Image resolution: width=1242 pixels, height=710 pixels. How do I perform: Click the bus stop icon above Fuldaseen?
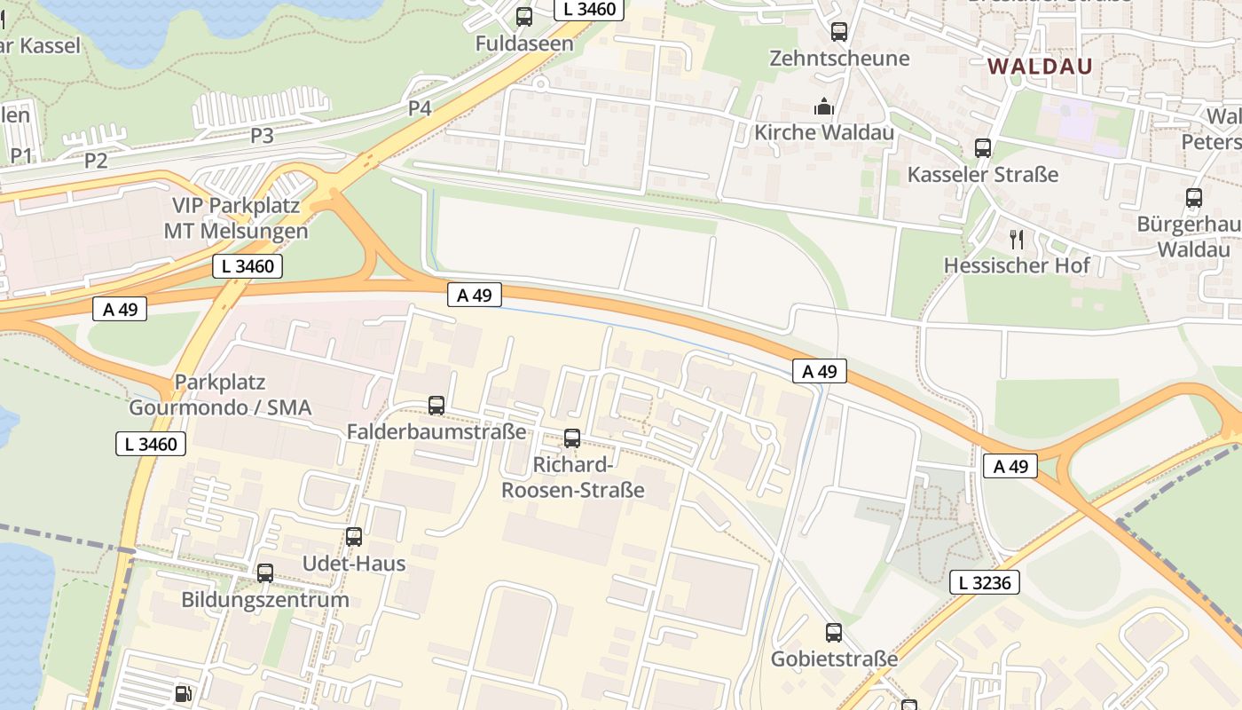pyautogui.click(x=524, y=17)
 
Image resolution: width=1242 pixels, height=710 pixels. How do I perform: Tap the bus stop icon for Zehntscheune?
pyautogui.click(x=839, y=32)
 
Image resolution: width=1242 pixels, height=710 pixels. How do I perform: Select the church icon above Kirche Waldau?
pyautogui.click(x=824, y=106)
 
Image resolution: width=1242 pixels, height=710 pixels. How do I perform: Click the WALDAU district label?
pyautogui.click(x=1040, y=67)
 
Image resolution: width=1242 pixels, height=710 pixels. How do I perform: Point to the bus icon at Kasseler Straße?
pyautogui.click(x=983, y=148)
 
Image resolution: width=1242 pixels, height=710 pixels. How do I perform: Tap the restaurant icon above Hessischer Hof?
pyautogui.click(x=1017, y=239)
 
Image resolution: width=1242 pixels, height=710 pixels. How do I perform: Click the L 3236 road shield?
pyautogui.click(x=985, y=582)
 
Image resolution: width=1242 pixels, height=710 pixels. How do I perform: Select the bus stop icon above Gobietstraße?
pyautogui.click(x=834, y=633)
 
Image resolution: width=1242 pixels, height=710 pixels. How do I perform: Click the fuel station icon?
pyautogui.click(x=182, y=693)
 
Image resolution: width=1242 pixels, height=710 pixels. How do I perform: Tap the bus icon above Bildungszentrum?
pyautogui.click(x=265, y=573)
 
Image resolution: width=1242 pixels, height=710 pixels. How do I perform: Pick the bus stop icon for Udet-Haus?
pyautogui.click(x=354, y=537)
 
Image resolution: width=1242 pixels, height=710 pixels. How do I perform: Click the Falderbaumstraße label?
pyautogui.click(x=436, y=432)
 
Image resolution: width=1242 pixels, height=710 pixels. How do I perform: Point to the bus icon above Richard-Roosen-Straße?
pyautogui.click(x=572, y=438)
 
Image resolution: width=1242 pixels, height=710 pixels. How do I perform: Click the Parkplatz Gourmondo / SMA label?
pyautogui.click(x=220, y=395)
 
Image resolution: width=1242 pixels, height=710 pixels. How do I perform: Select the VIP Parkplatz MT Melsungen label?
pyautogui.click(x=236, y=218)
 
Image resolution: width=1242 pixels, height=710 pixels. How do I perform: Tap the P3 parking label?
pyautogui.click(x=262, y=136)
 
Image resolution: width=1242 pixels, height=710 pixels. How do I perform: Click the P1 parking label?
pyautogui.click(x=21, y=156)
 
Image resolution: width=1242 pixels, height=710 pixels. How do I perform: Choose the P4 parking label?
pyautogui.click(x=420, y=108)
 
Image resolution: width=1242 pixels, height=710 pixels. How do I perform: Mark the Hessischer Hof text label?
pyautogui.click(x=1017, y=265)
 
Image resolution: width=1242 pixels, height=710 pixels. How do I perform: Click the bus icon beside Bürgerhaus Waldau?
pyautogui.click(x=1194, y=198)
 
